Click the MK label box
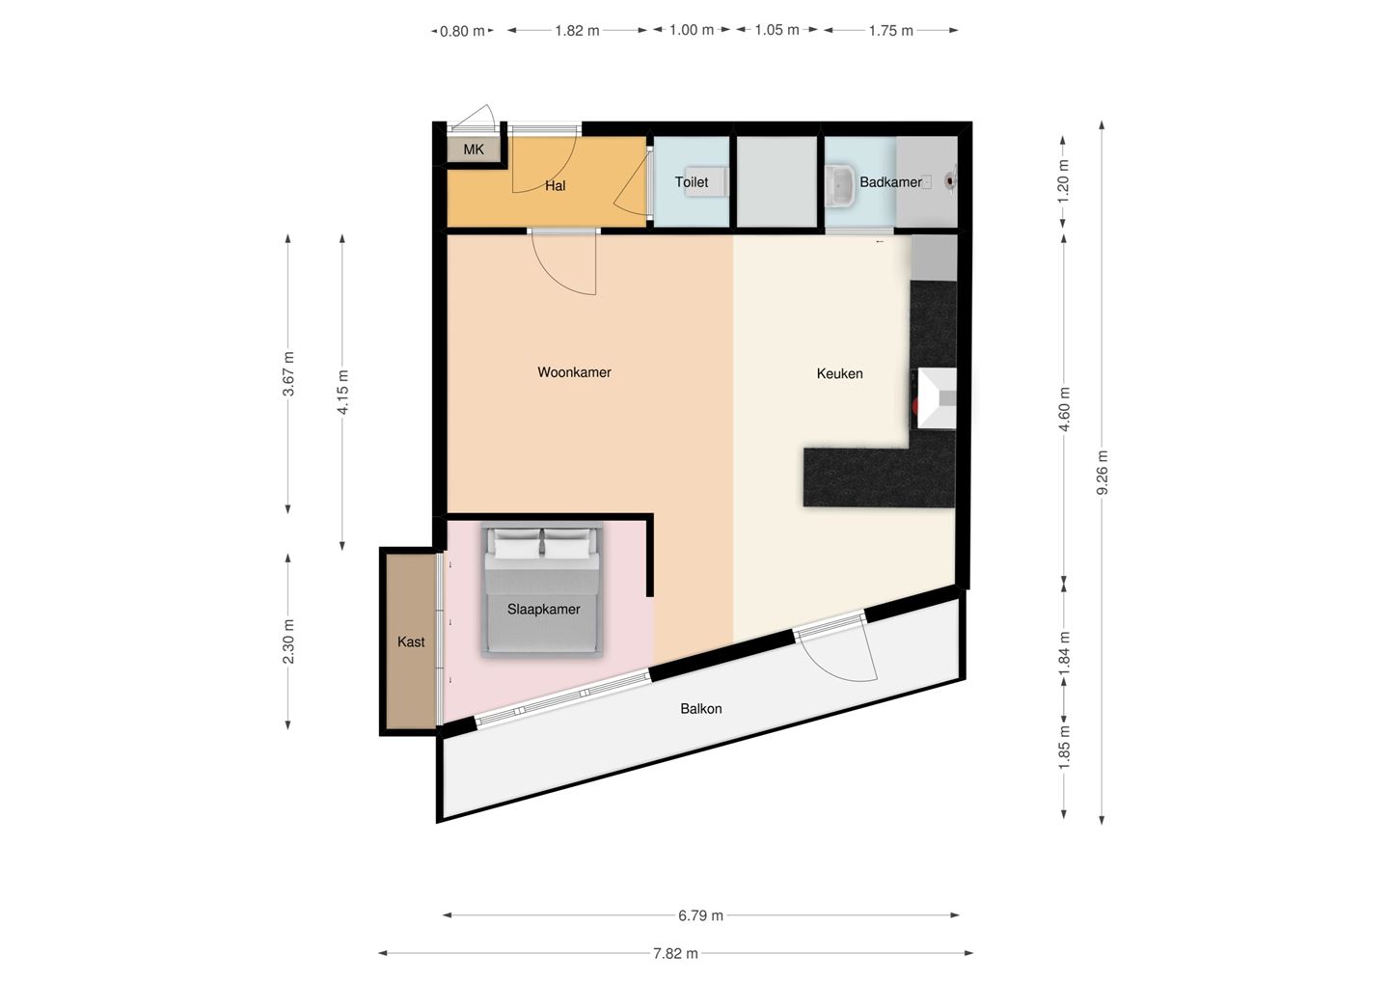click(x=473, y=150)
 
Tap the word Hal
click(x=555, y=185)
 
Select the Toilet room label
click(x=691, y=181)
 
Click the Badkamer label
click(x=889, y=181)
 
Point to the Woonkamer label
click(x=574, y=372)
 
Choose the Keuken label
click(x=839, y=373)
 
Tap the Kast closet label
click(x=411, y=641)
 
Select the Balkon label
click(x=700, y=708)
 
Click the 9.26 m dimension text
click(x=1103, y=473)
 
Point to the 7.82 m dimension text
click(x=675, y=953)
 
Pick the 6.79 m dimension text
click(x=700, y=915)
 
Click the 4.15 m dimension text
click(x=342, y=393)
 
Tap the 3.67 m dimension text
click(x=288, y=373)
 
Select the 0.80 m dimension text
click(x=461, y=31)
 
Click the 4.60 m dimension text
click(x=1065, y=408)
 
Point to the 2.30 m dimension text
click(x=288, y=641)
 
